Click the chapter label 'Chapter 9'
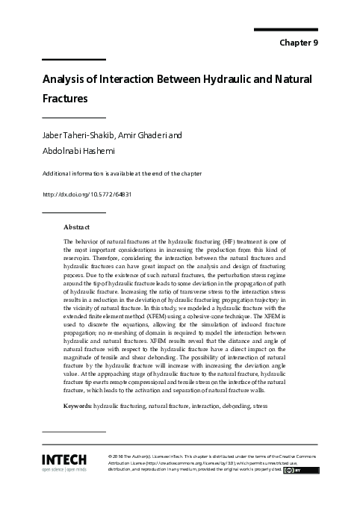tap(299, 43)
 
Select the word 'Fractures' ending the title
tap(65, 98)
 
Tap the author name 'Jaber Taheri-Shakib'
tap(77, 135)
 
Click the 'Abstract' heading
tap(77, 226)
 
